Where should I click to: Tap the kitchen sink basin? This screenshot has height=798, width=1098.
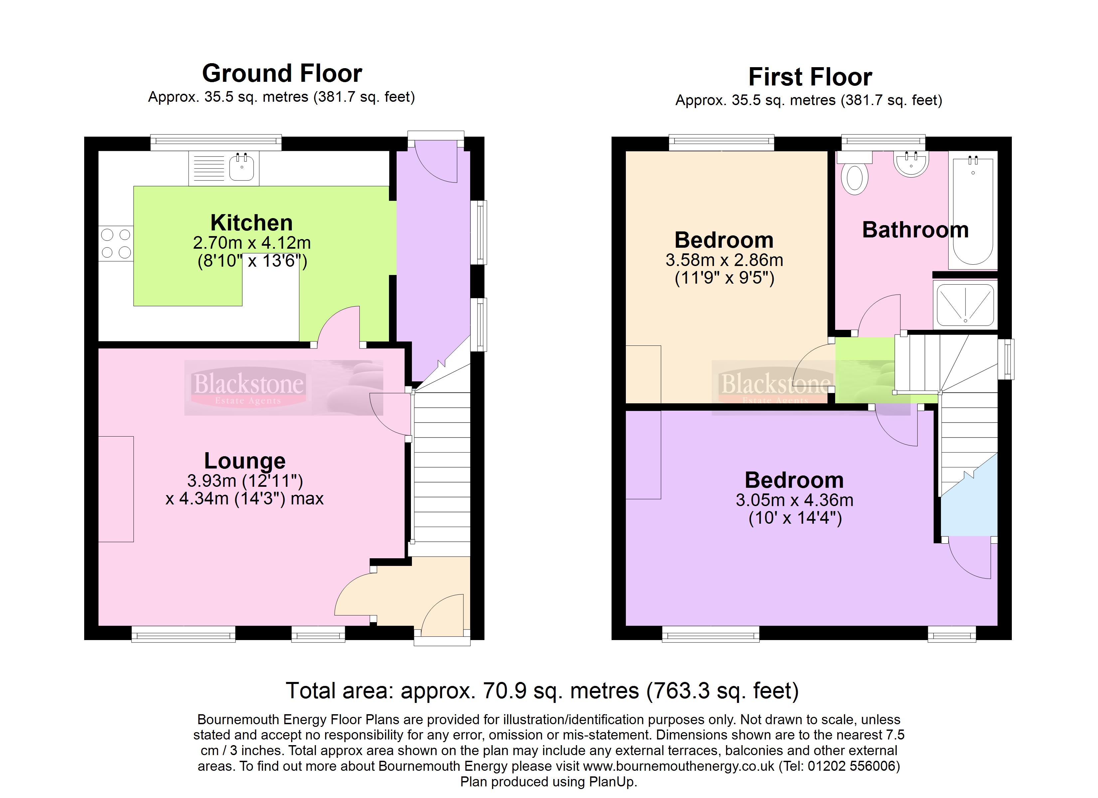241,167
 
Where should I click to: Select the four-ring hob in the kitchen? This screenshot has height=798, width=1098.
116,243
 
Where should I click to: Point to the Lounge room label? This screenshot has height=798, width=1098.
245,461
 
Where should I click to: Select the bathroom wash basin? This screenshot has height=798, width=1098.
911,164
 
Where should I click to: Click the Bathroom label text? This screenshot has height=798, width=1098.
915,230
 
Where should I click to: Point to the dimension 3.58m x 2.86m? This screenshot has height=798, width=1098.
724,260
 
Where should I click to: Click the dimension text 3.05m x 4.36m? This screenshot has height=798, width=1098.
795,500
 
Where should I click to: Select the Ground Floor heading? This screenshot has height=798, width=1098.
282,73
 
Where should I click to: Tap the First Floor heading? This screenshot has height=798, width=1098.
810,77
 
